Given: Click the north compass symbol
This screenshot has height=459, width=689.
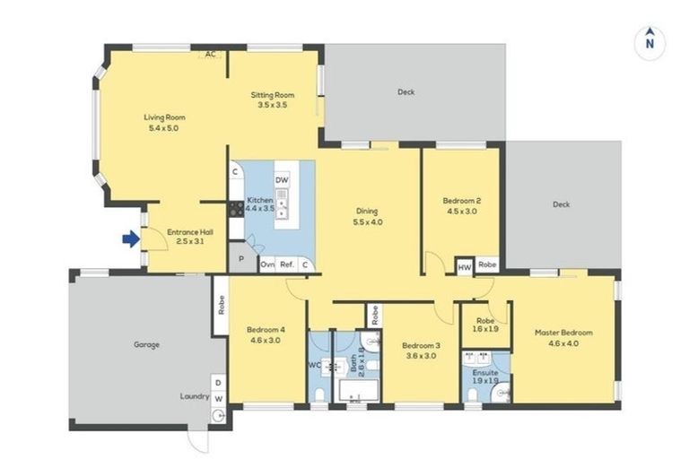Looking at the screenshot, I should click(x=650, y=41).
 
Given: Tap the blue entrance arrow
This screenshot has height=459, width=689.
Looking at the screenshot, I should click(x=131, y=238).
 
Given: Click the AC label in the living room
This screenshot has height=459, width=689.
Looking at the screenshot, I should click(x=210, y=55).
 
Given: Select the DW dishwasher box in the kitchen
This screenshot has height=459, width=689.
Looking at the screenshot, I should click(x=282, y=180).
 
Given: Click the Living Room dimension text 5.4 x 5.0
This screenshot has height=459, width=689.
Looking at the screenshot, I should click(x=164, y=128).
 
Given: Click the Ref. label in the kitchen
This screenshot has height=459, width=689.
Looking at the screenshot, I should click(x=287, y=264).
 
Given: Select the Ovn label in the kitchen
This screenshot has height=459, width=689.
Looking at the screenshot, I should click(x=266, y=264).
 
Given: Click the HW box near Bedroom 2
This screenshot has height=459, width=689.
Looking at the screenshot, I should click(x=465, y=266).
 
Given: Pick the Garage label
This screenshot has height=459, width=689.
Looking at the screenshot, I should click(x=146, y=344).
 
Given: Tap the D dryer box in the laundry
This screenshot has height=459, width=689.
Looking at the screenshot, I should click(x=217, y=382).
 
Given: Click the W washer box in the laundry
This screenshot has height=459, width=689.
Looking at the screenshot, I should click(x=217, y=398).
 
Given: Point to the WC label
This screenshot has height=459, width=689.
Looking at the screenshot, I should click(x=314, y=365).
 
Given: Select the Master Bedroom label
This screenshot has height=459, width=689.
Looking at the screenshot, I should click(x=563, y=333).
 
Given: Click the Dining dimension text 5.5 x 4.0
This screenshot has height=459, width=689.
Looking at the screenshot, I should click(x=368, y=221).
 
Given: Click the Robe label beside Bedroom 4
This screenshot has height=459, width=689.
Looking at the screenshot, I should click(x=220, y=305).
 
